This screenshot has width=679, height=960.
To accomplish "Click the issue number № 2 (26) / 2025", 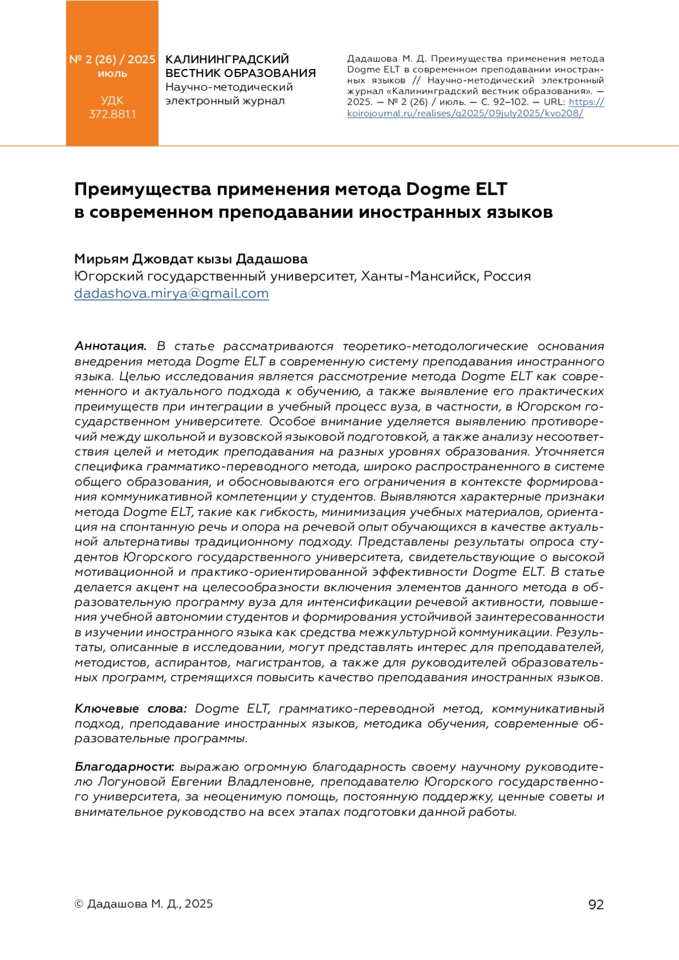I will [x=112, y=59].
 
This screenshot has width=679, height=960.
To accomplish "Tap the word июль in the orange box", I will [x=112, y=74].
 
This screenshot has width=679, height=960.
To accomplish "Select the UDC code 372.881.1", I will [x=112, y=114].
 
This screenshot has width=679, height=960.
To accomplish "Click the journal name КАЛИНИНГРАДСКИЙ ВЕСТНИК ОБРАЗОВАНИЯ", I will [x=240, y=66].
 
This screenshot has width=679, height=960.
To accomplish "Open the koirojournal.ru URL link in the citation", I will [x=465, y=113].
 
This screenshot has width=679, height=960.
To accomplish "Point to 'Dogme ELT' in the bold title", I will [x=457, y=189].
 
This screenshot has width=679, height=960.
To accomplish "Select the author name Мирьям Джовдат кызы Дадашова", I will [x=191, y=259].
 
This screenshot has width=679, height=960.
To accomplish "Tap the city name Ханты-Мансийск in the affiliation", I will [x=418, y=276].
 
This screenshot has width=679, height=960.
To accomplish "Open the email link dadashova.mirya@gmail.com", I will [x=171, y=294].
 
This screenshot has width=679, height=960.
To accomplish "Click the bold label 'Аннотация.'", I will [x=110, y=346].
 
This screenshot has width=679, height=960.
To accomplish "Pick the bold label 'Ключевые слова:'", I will [x=130, y=709].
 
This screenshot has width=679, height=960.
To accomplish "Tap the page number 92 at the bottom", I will [x=596, y=905].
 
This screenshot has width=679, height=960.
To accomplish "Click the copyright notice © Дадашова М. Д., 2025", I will [x=144, y=904].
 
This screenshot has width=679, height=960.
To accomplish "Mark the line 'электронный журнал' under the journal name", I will [x=225, y=101].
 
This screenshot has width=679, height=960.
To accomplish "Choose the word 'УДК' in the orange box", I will [x=112, y=101].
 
